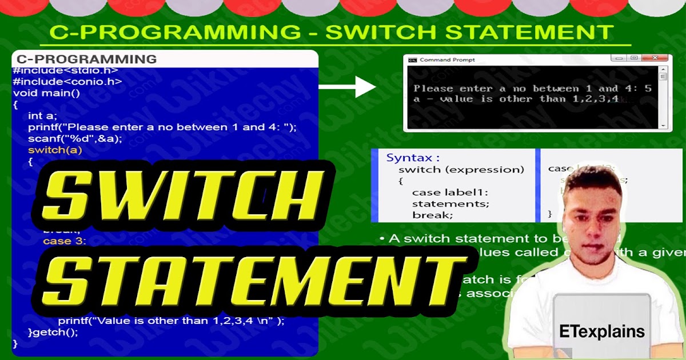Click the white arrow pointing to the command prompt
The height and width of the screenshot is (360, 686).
(347, 87)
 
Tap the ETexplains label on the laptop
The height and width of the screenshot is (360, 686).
(603, 331)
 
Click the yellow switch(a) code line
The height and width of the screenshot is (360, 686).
(55, 150)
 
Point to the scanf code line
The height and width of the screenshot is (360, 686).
(75, 139)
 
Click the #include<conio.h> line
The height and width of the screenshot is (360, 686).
(67, 82)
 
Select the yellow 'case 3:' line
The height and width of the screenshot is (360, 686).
(64, 241)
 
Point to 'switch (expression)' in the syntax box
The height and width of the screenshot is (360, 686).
(461, 170)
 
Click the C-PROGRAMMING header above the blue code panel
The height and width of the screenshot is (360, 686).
(86, 59)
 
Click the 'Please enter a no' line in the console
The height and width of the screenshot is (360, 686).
(532, 89)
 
